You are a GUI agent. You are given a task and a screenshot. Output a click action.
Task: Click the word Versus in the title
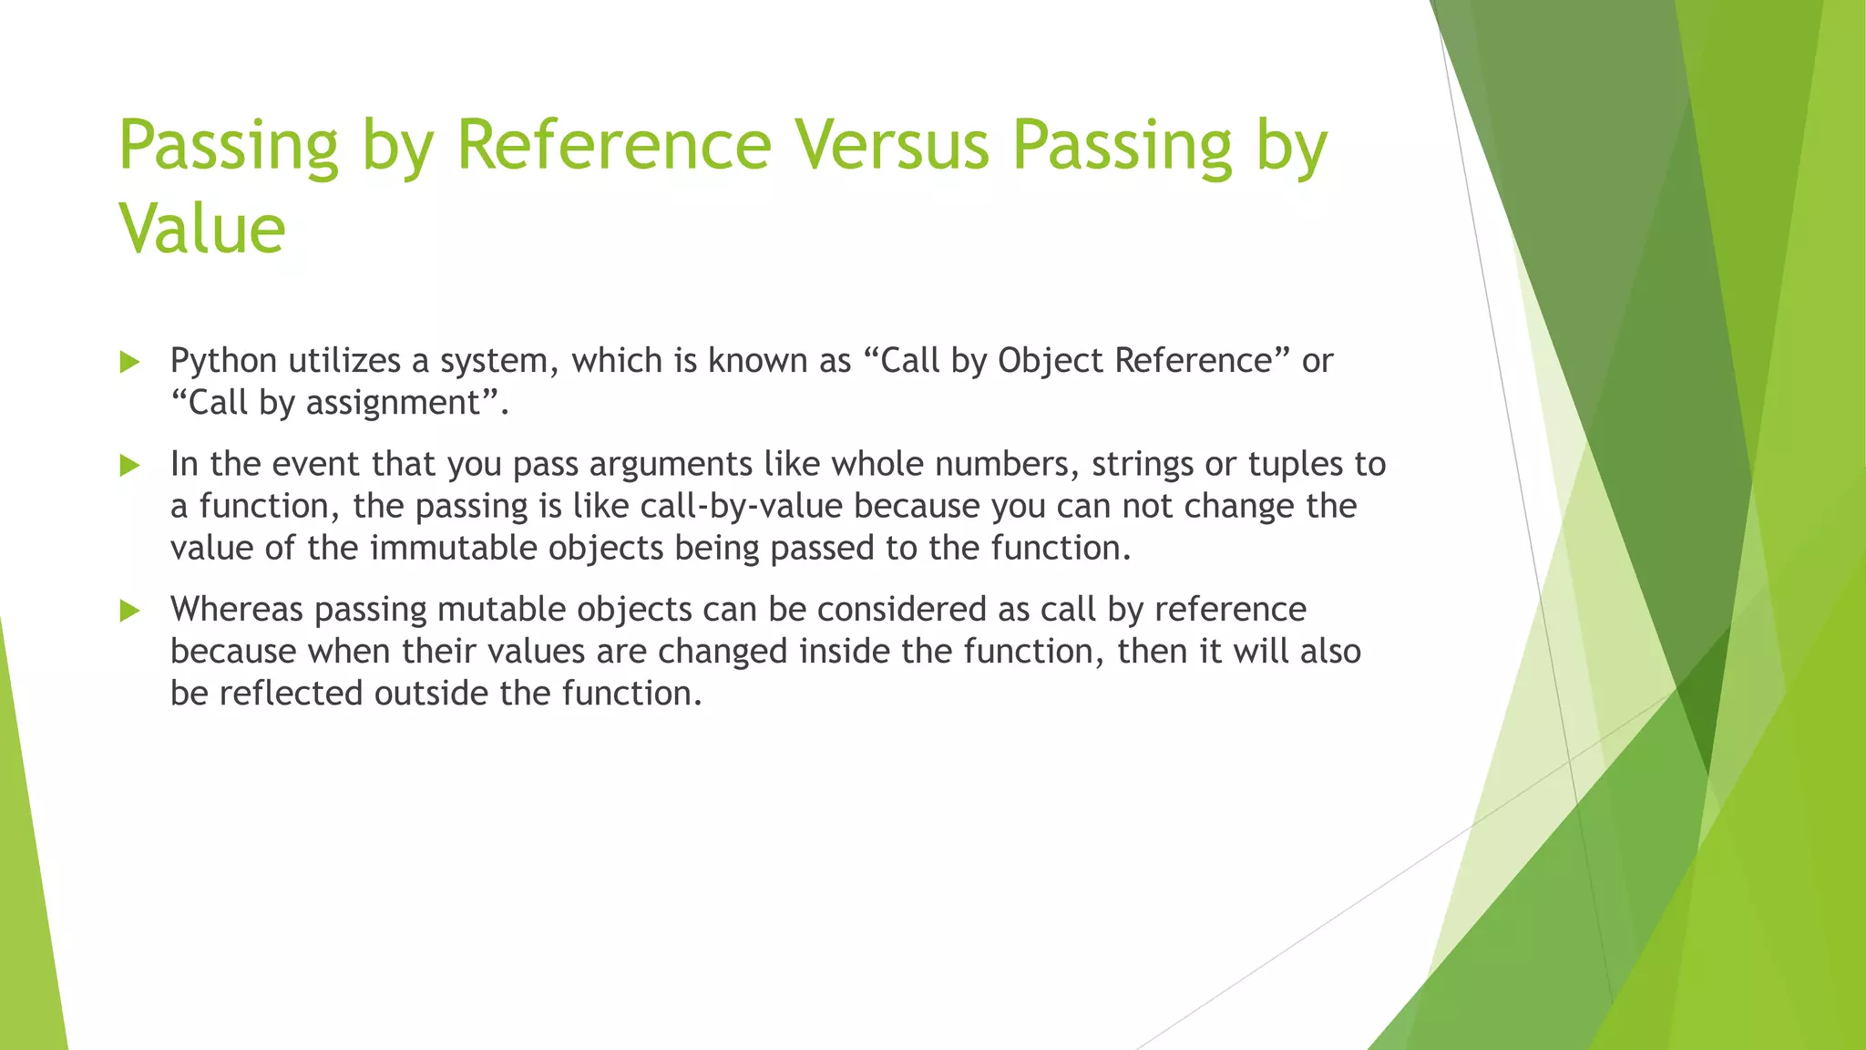tap(891, 145)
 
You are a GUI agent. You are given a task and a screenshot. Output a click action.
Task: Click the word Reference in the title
tap(613, 145)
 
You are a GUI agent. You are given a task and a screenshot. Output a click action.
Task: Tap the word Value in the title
tap(202, 228)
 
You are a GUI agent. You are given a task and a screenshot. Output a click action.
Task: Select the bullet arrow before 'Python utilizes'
tap(129, 363)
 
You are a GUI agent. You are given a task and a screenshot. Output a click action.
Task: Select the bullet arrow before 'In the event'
tap(129, 466)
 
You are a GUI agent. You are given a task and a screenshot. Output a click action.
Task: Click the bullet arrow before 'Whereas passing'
tap(129, 611)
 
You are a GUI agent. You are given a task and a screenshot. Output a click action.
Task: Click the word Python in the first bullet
tap(223, 362)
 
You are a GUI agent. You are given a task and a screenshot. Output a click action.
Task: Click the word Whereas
tap(237, 609)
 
